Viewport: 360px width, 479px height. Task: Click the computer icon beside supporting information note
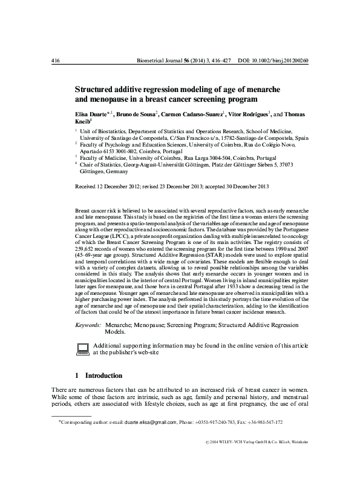click(x=82, y=347)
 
